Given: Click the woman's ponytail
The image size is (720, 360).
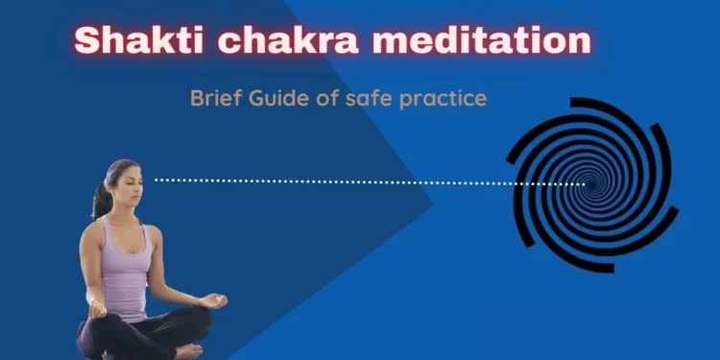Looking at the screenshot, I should click(100, 198).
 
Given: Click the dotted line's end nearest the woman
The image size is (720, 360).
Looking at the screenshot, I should click(157, 180).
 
